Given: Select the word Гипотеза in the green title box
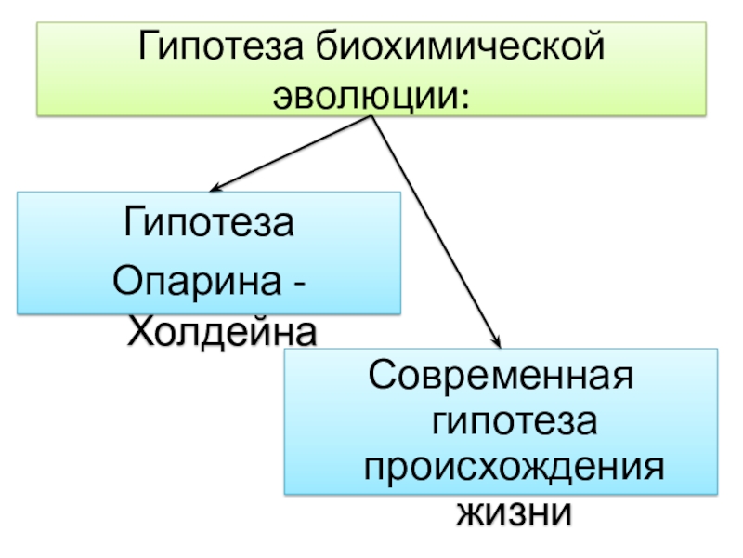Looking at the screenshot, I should pos(219,47).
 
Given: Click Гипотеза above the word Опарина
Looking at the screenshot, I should pos(210,225).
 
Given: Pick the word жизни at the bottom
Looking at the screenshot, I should pos(511,511).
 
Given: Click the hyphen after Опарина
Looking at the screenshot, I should pos(302,280).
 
